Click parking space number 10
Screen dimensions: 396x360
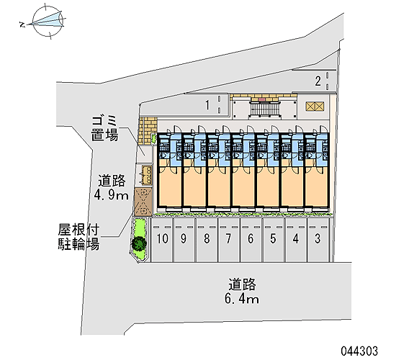162,239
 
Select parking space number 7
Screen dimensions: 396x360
228,239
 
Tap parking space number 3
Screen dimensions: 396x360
318,239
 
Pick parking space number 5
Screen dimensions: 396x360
274,239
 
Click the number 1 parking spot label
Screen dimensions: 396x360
207,105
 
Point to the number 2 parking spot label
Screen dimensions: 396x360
318,81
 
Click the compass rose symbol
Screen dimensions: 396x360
48,21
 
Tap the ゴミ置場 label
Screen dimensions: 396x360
104,128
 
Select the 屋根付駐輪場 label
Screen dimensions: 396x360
78,237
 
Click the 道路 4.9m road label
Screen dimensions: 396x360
112,187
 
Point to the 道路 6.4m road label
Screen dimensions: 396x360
242,291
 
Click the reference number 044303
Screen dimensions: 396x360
359,351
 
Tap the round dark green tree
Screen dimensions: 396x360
139,243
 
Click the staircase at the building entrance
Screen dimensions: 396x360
264,109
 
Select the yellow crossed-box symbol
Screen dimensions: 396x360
315,107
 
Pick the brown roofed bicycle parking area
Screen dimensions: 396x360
143,202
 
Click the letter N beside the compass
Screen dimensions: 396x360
22,24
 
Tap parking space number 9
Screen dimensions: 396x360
184,239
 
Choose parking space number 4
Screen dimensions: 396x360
296,239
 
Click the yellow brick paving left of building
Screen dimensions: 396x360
147,130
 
